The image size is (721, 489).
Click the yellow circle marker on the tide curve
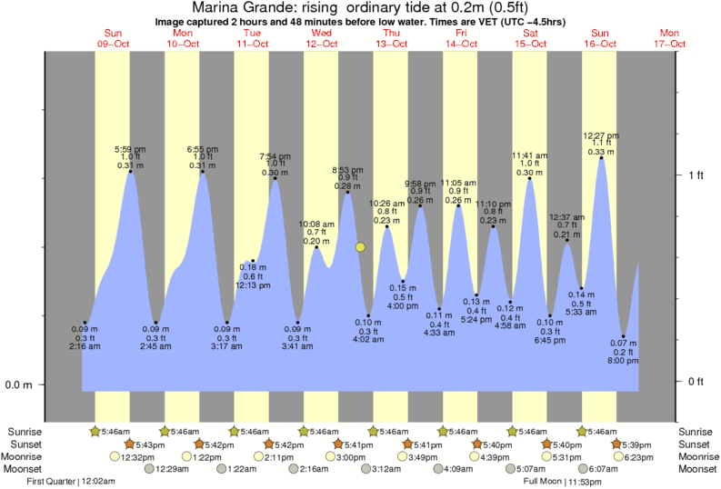tap(361, 247)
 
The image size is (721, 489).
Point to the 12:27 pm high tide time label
tap(604, 135)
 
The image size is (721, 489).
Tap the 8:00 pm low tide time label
tap(624, 361)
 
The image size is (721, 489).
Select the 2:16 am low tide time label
tap(85, 346)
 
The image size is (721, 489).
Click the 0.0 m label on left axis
tap(18, 384)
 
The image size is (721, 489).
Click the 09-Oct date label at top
tap(113, 44)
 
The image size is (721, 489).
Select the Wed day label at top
tap(322, 34)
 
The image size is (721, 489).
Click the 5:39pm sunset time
tap(635, 444)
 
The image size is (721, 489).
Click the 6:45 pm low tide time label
tap(550, 341)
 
